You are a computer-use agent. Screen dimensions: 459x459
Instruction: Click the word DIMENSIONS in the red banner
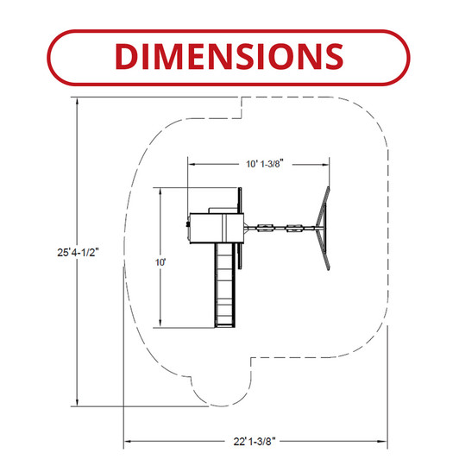229,56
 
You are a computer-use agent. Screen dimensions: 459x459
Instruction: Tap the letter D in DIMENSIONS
127,56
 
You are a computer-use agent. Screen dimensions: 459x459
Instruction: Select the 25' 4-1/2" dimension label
79,252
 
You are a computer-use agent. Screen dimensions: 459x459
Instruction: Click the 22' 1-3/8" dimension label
255,441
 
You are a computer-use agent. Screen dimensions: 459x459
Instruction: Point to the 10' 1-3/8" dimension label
265,164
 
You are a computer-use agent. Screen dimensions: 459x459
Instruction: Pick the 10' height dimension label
160,262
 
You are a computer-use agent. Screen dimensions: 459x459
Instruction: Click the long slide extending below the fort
225,286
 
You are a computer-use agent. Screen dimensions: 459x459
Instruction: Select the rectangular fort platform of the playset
217,228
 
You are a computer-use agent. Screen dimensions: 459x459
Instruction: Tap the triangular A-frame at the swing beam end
324,229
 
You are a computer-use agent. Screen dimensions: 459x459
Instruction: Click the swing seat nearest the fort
265,228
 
